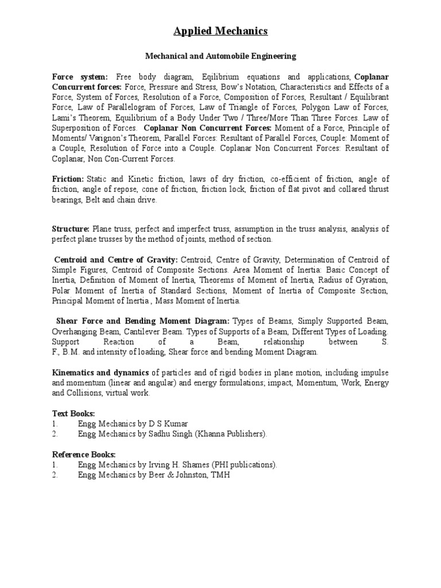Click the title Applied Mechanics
[220, 32]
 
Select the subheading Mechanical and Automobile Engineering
[220, 56]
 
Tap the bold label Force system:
[80, 77]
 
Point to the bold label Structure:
[71, 229]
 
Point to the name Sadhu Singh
[165, 434]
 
